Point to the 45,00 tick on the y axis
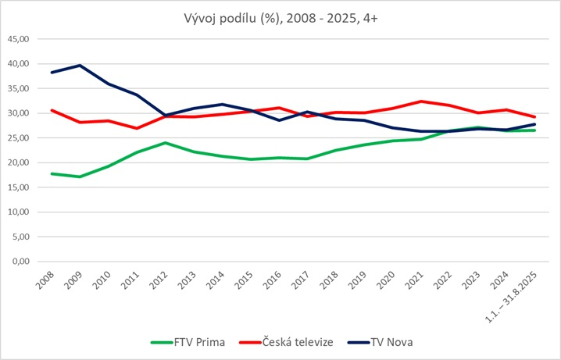(19, 39)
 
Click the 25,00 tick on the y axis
(19, 138)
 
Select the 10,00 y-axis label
(19, 212)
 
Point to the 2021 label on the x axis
(417, 279)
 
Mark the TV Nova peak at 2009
(80, 66)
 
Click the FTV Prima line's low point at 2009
(80, 176)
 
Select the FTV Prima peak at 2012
(166, 143)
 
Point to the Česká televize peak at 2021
(421, 102)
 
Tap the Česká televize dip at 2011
(138, 128)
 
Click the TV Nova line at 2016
(280, 120)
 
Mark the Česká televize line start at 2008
(52, 110)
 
